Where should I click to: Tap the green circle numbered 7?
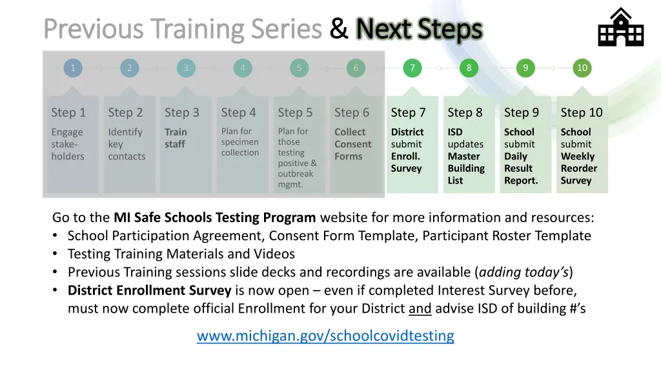click(x=412, y=68)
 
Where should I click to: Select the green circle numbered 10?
click(x=582, y=68)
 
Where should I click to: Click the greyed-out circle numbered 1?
click(x=73, y=68)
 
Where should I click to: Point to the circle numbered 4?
click(x=243, y=68)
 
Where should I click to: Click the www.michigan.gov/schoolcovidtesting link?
click(x=325, y=336)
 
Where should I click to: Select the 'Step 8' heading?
click(x=465, y=112)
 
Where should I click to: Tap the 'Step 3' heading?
click(x=182, y=112)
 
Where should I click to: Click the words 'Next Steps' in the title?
click(x=419, y=29)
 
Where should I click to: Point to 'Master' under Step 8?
click(x=463, y=156)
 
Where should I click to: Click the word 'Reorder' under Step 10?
click(x=578, y=169)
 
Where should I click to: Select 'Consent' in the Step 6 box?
click(x=352, y=144)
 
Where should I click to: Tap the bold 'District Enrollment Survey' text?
click(x=149, y=290)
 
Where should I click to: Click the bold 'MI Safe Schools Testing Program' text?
click(x=215, y=217)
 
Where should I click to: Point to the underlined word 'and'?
click(x=420, y=308)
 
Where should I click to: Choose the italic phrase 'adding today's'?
click(x=524, y=272)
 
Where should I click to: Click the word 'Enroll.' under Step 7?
click(x=405, y=156)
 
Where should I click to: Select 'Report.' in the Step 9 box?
click(x=521, y=181)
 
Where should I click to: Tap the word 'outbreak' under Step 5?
click(x=295, y=174)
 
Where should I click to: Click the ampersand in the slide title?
click(x=339, y=29)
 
